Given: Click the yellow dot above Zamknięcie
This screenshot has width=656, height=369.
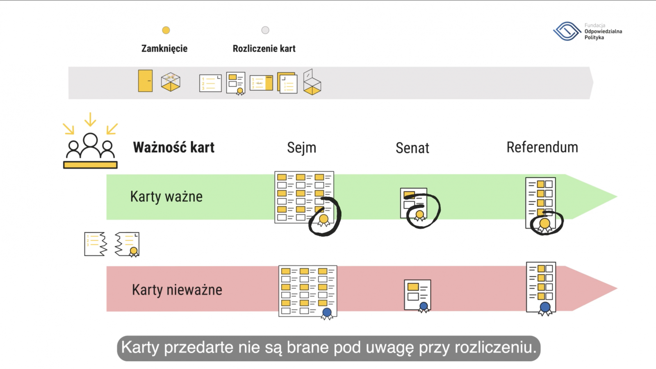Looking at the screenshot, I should (166, 30).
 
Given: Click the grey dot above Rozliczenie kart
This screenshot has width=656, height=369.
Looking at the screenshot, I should (265, 30).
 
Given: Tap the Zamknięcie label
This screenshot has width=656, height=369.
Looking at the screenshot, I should (164, 48).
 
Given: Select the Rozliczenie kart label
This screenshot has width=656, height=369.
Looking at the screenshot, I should (264, 48).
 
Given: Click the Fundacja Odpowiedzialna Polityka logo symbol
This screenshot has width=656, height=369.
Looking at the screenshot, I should (567, 31).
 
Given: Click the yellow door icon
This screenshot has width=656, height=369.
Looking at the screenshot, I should (146, 81).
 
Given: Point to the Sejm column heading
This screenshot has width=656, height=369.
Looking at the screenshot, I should (302, 148).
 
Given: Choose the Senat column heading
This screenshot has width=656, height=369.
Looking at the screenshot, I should (412, 148).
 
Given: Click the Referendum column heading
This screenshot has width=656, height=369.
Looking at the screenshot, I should (542, 147).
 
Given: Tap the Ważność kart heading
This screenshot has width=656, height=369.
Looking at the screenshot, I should (174, 147).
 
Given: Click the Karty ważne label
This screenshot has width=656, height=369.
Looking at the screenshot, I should (166, 196).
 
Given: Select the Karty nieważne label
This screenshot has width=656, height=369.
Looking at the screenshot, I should (177, 290).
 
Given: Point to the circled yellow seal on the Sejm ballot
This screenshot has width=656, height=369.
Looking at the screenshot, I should (324, 219).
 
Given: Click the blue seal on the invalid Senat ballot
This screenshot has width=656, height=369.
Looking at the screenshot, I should (424, 306).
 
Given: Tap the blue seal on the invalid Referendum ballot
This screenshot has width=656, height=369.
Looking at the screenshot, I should (545, 307).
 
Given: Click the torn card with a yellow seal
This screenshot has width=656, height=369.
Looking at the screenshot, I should (128, 244).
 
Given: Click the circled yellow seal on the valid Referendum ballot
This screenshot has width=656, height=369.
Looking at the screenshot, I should (545, 224).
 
